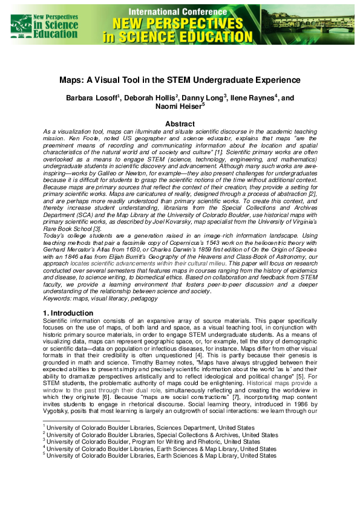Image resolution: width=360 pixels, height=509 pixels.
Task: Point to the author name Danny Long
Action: coord(205,97)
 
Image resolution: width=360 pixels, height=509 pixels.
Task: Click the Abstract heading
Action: coord(180,123)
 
